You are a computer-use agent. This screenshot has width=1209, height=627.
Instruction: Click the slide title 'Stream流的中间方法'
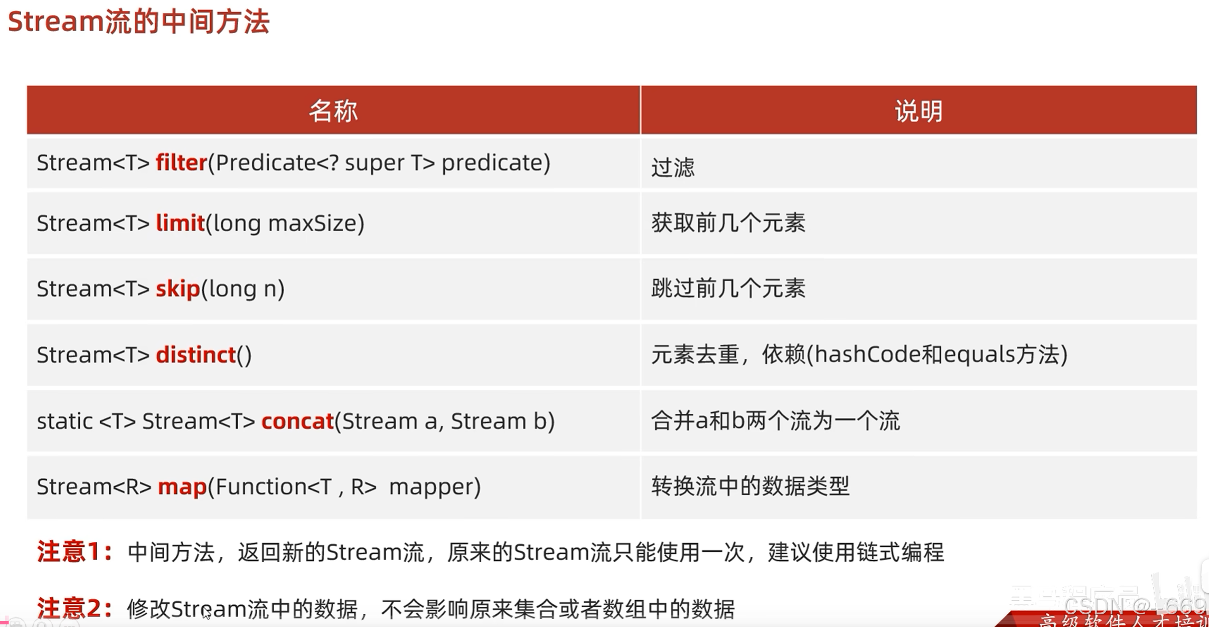(138, 22)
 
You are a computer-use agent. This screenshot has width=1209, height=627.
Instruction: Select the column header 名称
(333, 111)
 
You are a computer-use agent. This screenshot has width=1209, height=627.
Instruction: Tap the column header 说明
(919, 111)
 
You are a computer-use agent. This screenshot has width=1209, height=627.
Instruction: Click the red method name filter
(181, 163)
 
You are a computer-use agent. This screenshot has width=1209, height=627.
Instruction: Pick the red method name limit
(180, 223)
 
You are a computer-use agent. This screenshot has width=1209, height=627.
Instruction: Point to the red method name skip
(178, 289)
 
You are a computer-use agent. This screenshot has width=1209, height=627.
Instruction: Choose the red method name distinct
(196, 355)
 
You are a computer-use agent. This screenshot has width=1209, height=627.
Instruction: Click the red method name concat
(297, 421)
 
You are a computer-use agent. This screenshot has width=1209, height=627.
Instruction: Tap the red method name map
(182, 487)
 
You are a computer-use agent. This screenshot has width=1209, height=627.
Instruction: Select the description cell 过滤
(673, 168)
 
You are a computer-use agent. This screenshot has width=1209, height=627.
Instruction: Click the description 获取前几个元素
(728, 223)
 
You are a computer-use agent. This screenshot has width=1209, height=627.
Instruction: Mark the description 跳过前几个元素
(728, 289)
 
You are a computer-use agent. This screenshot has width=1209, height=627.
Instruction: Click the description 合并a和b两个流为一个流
(775, 421)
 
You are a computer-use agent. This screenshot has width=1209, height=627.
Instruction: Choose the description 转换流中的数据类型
(750, 486)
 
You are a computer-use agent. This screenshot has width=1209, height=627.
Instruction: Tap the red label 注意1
(73, 552)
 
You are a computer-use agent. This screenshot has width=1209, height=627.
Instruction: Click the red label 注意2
(73, 608)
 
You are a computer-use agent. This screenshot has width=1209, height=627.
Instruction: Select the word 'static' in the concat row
(64, 421)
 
